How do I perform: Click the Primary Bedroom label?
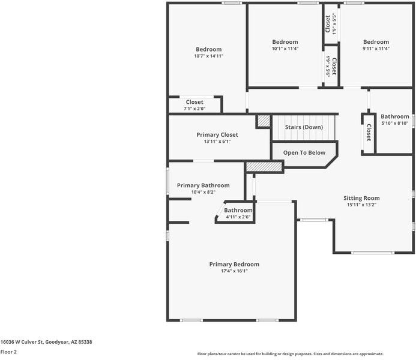pos(234,264)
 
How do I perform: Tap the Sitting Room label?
pos(361,198)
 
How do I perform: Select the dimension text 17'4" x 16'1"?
pos(234,271)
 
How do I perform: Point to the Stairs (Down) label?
pos(304,127)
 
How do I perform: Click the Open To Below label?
pos(304,152)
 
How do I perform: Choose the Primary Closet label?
pos(217,135)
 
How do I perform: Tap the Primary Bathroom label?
pos(203,185)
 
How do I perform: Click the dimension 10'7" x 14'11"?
pos(208,56)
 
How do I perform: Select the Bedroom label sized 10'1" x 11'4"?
pos(285,42)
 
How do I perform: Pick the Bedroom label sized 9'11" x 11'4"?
pos(376,42)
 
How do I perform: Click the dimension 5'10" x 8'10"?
pos(395,123)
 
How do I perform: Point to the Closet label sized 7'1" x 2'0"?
pos(194,102)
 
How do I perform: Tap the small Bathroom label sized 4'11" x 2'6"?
pos(238,211)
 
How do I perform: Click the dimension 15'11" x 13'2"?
pos(361,205)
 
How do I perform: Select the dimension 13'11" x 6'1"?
pos(217,142)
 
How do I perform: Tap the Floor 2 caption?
pos(8,352)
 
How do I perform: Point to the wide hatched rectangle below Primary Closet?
pos(264,167)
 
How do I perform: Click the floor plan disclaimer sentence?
pos(291,354)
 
